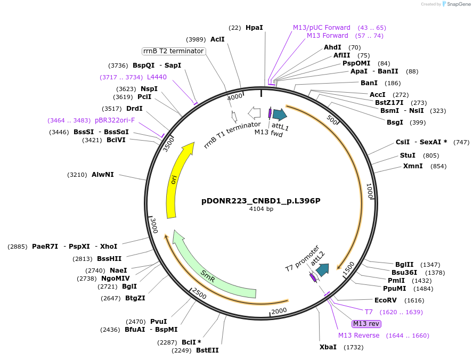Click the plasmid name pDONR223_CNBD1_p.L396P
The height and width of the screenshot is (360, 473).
point(260,201)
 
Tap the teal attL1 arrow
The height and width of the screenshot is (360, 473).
point(280,113)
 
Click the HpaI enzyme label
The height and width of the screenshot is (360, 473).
point(254,27)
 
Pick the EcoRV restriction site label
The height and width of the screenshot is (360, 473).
point(385,300)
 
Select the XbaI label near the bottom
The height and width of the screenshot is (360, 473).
point(328,347)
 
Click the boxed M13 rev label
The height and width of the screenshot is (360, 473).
point(366,323)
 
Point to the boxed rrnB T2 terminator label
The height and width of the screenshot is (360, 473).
point(174,51)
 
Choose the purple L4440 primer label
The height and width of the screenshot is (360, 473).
point(157,77)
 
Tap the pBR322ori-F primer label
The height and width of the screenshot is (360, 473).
point(115,120)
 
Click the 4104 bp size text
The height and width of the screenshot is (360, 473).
point(261,209)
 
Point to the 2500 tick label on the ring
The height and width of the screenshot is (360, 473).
point(199,293)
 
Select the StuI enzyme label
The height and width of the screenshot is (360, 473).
point(407,156)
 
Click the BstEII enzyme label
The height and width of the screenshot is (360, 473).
point(207,350)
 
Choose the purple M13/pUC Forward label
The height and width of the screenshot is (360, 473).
point(322,27)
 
